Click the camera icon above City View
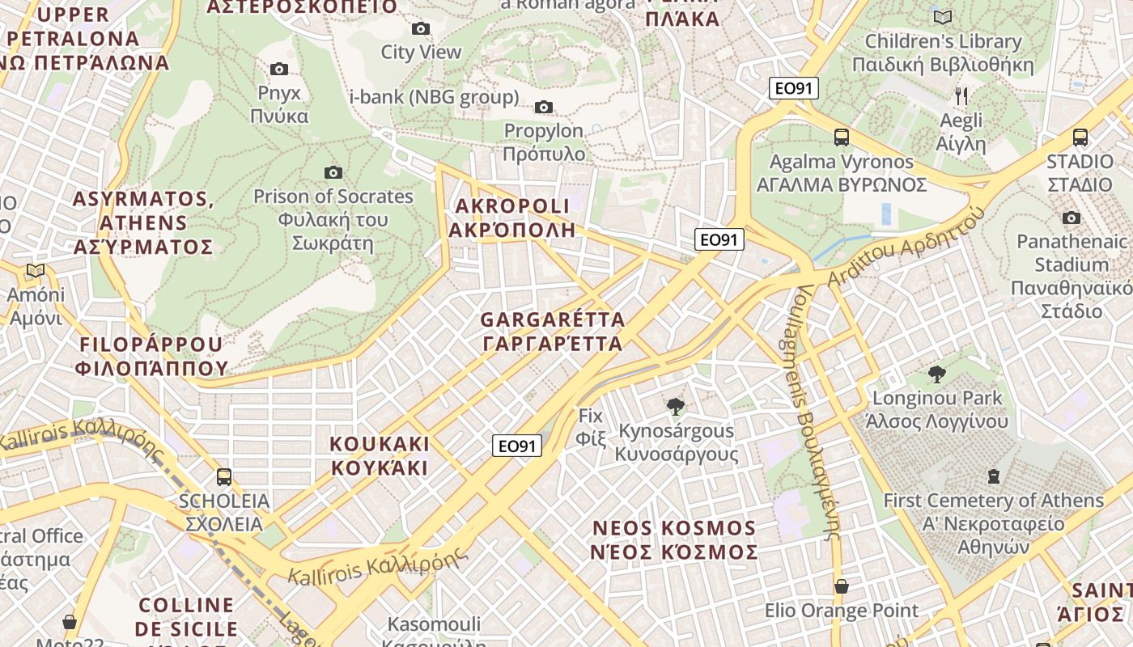pos(421,29)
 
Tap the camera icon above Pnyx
pos(279,70)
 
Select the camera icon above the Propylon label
pos(544,108)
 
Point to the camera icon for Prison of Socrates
pos(333,172)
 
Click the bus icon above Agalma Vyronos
pos(842,137)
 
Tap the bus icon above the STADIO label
pos(1080,137)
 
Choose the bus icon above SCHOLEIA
pos(224,477)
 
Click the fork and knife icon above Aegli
pos(961,96)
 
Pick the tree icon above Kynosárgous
pos(675,407)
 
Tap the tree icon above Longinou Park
pos(937,374)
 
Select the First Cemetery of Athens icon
pos(994,476)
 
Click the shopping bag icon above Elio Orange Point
pos(842,586)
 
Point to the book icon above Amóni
pos(35,271)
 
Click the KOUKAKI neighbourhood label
pos(380,456)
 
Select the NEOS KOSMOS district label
pos(675,540)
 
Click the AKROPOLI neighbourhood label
pos(511,218)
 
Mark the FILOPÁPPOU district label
pos(151,357)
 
